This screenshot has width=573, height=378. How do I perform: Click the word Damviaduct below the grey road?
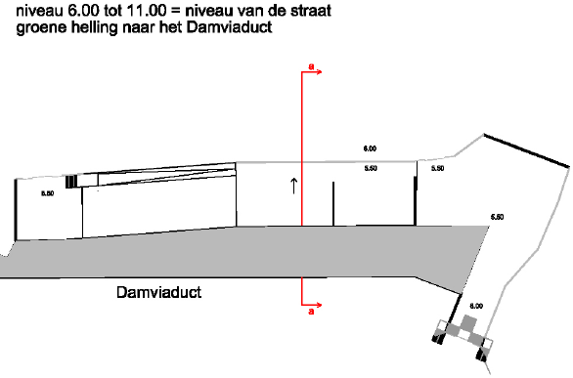(159, 292)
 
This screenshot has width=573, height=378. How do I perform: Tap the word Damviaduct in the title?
(229, 27)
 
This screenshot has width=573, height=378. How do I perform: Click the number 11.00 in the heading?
(146, 11)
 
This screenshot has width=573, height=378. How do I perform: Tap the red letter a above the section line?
(311, 66)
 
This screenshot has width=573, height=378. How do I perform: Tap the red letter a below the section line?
(311, 312)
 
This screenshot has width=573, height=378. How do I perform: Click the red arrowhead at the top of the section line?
(320, 72)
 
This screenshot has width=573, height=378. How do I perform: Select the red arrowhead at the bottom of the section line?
(320, 305)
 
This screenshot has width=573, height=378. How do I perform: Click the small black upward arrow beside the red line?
(294, 186)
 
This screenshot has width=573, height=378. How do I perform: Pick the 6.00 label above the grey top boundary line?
(370, 148)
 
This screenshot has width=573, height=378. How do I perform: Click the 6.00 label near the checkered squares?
(476, 306)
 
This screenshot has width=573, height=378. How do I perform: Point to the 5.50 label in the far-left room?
(48, 193)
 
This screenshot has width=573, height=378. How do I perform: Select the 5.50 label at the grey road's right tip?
(497, 217)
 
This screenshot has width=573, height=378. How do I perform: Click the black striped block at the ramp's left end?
(71, 182)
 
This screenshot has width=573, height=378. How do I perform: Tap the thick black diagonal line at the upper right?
(527, 150)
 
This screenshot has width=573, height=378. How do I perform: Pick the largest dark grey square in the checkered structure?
(469, 323)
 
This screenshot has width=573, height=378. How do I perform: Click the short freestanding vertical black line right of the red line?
(333, 203)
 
